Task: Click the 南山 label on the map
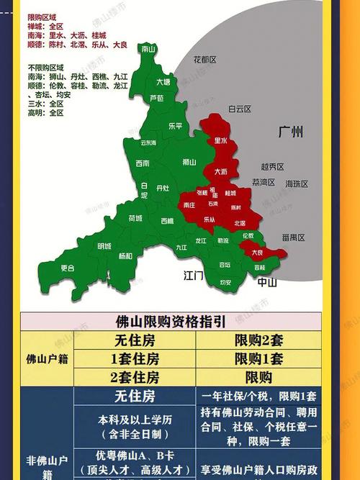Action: coord(150,50)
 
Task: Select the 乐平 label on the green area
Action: coord(175,125)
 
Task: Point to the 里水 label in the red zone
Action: coord(220,141)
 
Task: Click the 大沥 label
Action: coord(221,172)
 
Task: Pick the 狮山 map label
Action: coord(190,162)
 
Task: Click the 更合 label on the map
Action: coord(68,268)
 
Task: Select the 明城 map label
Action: coord(104,246)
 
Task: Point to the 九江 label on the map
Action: coord(181,248)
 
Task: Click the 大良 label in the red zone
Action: coord(256,253)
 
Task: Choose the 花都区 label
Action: coord(205,60)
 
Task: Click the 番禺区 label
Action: coord(294,237)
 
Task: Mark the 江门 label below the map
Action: coord(194,276)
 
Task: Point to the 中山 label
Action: coord(267,282)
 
